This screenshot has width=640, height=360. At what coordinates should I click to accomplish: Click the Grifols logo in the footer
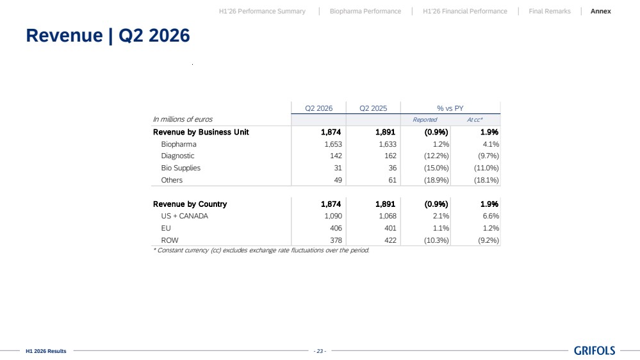(595, 350)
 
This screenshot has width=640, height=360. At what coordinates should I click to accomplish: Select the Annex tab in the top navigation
(600, 12)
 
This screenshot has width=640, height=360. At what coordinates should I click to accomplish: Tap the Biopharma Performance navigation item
(365, 12)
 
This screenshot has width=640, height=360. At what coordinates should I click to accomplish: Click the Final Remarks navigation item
(550, 12)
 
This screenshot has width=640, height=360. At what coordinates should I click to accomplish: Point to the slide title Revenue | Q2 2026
(108, 35)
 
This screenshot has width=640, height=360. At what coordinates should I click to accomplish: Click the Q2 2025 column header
(373, 108)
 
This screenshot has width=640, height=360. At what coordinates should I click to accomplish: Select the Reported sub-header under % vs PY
(425, 120)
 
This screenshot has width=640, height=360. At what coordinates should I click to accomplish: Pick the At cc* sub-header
(475, 120)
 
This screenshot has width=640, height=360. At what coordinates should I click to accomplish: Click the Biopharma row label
(178, 144)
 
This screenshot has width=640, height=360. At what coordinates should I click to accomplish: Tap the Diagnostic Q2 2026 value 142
(336, 156)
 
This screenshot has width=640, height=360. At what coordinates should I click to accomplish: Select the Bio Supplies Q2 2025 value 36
(392, 168)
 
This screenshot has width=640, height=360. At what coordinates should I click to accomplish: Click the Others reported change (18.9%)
(436, 180)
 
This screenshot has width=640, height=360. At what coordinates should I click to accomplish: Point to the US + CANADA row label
(185, 216)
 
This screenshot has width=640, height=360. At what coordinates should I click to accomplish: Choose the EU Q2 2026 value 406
(336, 228)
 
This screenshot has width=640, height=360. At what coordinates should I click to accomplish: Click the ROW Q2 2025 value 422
(390, 240)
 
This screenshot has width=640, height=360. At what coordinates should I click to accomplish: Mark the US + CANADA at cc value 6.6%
(491, 216)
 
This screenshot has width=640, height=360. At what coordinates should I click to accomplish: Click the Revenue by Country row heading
(190, 204)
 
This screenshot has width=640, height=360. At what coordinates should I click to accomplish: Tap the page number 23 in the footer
(320, 351)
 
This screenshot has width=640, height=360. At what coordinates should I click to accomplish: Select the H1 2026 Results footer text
(45, 351)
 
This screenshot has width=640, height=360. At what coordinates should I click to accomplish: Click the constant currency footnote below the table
(261, 250)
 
